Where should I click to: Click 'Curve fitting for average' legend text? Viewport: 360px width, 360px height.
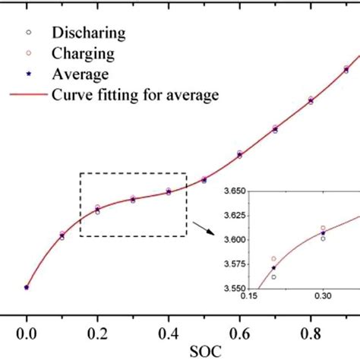[x=134, y=95]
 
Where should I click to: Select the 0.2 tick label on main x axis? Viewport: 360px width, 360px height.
[x=97, y=332]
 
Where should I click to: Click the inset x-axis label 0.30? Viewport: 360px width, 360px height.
[x=324, y=298]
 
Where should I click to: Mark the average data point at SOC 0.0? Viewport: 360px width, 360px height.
[x=27, y=287]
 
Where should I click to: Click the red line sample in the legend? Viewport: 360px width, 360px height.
[x=28, y=95]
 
